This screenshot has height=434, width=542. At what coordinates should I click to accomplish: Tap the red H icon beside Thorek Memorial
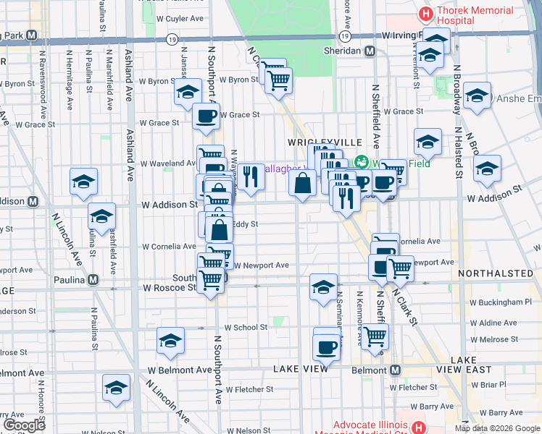pyautogui.click(x=426, y=12)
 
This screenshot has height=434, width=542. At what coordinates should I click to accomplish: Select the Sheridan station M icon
pyautogui.click(x=370, y=51)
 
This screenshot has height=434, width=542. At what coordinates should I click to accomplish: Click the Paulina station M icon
pyautogui.click(x=93, y=279)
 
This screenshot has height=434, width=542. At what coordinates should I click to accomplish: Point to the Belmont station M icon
pyautogui.click(x=395, y=370)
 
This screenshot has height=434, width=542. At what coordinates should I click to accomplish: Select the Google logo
pyautogui.click(x=24, y=425)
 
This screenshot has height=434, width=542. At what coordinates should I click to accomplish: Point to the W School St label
pyautogui.click(x=246, y=328)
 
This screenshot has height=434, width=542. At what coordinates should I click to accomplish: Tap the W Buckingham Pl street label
pyautogui.click(x=500, y=302)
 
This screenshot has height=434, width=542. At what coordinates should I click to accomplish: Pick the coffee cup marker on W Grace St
pyautogui.click(x=206, y=115)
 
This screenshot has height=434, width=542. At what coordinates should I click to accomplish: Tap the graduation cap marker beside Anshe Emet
pyautogui.click(x=477, y=96)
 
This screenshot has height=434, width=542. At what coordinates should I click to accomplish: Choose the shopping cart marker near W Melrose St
pyautogui.click(x=375, y=335)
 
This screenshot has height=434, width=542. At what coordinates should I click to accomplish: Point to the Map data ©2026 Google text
pyautogui.click(x=497, y=428)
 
